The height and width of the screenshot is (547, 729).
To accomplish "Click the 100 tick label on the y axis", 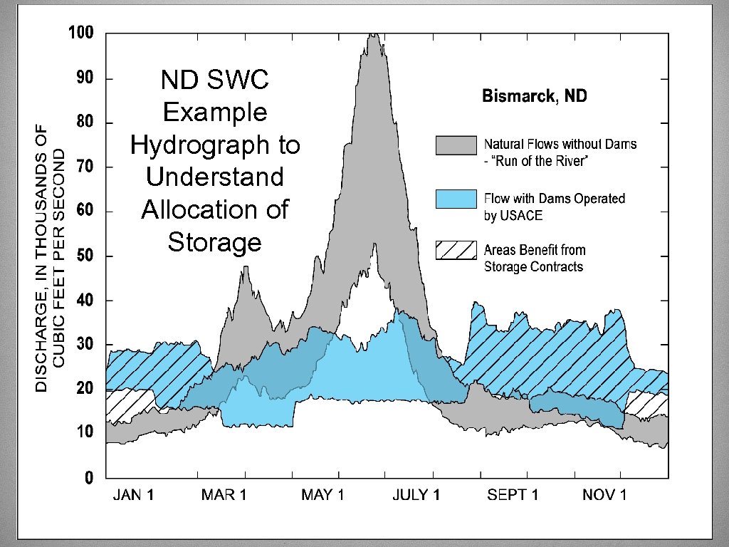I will tap(81, 33).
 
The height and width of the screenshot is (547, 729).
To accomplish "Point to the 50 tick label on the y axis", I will tap(85, 256).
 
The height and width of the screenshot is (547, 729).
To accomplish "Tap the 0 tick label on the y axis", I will tap(89, 479).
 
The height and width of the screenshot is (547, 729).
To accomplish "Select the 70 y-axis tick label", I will tap(85, 167).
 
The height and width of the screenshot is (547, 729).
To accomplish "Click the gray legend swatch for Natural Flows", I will tap(456, 145).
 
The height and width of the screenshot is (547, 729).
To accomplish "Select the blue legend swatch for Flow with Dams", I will tap(456, 199).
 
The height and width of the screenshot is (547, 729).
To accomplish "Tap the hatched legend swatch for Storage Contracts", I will tap(456, 251).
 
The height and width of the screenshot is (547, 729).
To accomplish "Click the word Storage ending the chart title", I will tap(214, 242).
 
